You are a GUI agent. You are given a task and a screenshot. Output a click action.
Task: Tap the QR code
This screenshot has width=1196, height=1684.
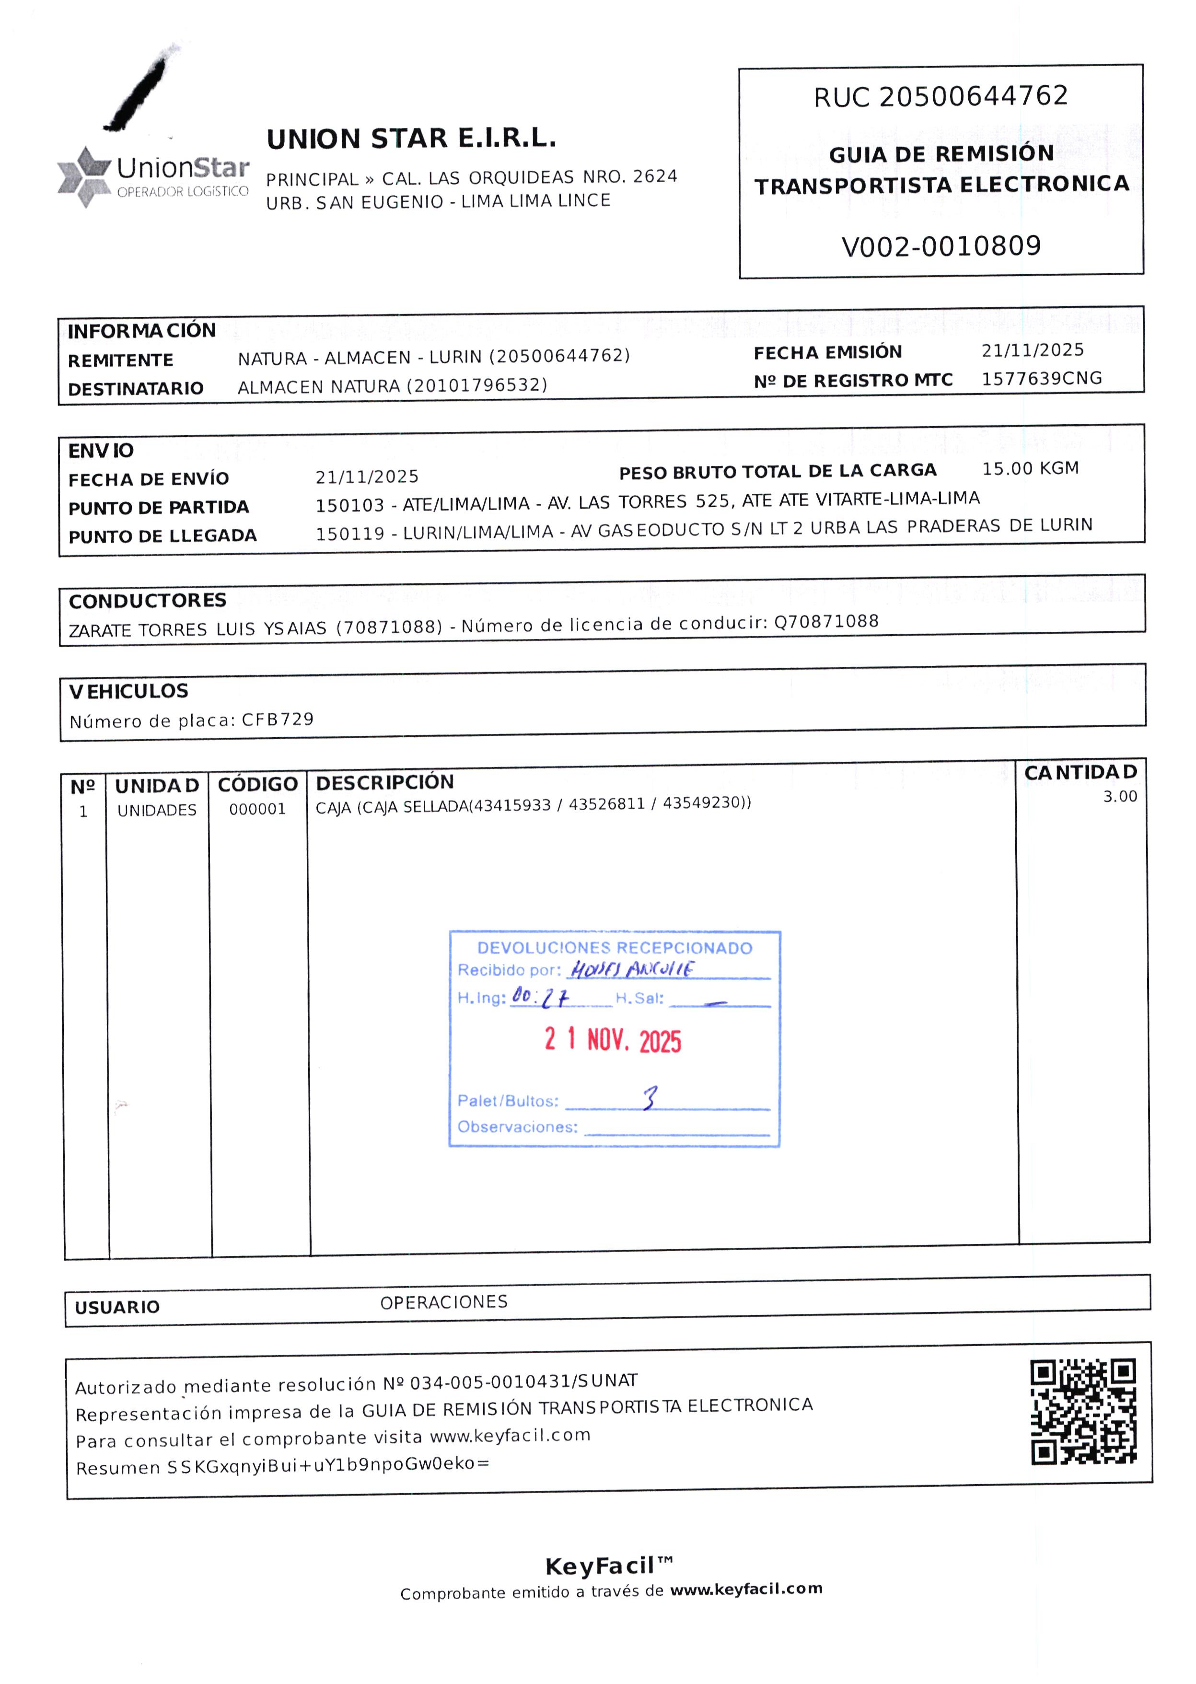(x=1082, y=1412)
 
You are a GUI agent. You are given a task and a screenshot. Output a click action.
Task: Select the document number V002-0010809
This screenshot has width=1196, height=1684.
(x=941, y=246)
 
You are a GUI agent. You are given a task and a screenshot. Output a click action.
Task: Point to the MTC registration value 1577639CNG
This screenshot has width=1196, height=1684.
(x=1041, y=379)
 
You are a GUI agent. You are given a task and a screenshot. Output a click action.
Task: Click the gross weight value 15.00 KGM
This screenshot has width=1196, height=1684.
(x=1030, y=468)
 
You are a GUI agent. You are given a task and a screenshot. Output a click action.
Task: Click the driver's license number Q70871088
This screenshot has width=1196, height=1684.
(x=826, y=621)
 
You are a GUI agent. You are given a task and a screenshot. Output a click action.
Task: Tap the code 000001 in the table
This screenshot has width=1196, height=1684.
(x=257, y=809)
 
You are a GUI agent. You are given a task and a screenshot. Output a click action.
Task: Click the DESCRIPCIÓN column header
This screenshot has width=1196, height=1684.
(x=384, y=782)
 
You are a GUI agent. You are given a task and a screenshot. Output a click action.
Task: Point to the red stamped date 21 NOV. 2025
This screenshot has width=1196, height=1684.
(x=613, y=1039)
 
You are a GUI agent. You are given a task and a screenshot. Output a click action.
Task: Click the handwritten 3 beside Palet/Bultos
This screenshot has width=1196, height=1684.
(x=649, y=1098)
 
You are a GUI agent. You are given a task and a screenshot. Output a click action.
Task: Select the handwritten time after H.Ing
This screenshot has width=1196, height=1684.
(x=541, y=997)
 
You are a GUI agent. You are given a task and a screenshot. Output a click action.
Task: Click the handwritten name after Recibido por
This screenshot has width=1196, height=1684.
(x=632, y=969)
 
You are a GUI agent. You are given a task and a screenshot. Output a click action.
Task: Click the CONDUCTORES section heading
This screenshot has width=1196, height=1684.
(x=147, y=601)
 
